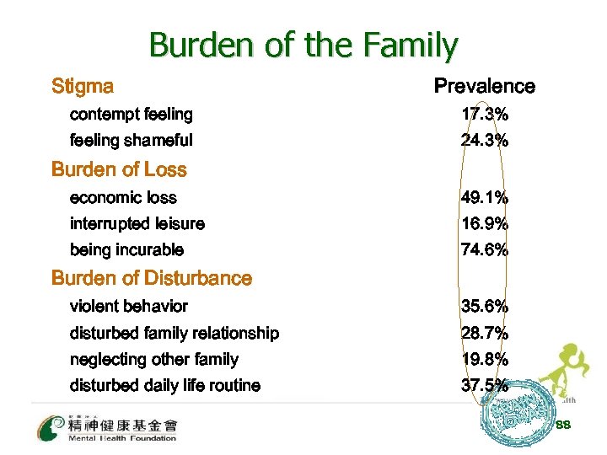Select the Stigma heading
(x=83, y=86)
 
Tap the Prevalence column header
(x=484, y=86)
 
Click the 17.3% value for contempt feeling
(x=485, y=114)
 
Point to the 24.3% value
(x=485, y=141)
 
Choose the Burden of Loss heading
(x=119, y=169)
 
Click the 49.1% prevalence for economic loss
(x=485, y=198)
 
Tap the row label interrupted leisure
(x=137, y=224)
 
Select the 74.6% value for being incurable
(x=485, y=250)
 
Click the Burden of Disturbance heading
(x=152, y=278)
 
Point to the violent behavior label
(x=128, y=306)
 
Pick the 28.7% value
(x=485, y=333)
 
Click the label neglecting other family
(x=153, y=360)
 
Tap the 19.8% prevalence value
(x=485, y=360)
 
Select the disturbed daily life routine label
(x=164, y=386)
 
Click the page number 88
(x=563, y=425)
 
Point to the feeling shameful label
(x=131, y=141)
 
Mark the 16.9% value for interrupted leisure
(x=485, y=224)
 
